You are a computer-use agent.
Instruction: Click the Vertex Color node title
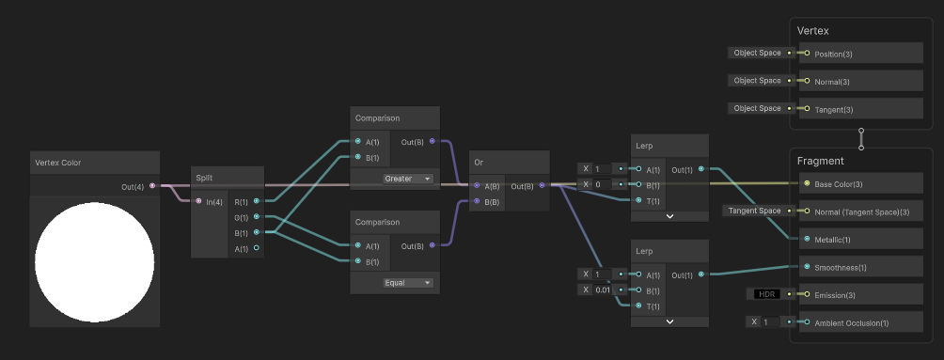pos(58,163)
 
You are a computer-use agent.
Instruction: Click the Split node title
pos(204,178)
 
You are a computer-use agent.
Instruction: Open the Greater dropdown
pos(407,178)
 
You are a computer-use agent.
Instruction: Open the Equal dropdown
pos(407,282)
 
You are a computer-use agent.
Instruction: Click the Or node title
pos(480,163)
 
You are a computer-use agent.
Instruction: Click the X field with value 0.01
pos(600,290)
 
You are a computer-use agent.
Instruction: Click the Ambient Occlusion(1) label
pos(851,322)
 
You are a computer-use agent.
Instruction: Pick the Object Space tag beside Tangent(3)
pos(757,108)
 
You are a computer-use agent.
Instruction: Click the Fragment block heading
pos(821,161)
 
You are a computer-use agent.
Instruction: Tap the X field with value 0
pos(600,184)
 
